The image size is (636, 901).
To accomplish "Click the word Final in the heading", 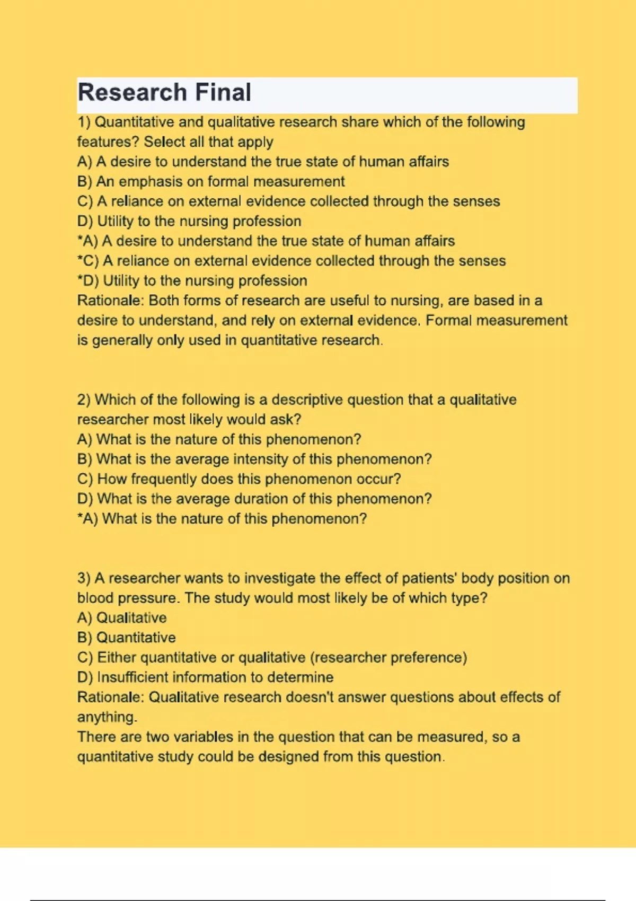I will [x=223, y=92].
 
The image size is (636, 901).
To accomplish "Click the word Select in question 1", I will [x=165, y=142].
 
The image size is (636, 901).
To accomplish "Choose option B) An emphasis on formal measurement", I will [x=210, y=182].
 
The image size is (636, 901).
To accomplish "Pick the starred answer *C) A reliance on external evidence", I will [x=291, y=261].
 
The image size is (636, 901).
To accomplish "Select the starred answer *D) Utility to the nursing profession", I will [x=192, y=281].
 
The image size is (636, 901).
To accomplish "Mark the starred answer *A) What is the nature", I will [x=222, y=519].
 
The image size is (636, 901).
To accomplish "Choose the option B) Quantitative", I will [x=126, y=638].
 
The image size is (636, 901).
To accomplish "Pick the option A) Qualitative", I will [x=121, y=618].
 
